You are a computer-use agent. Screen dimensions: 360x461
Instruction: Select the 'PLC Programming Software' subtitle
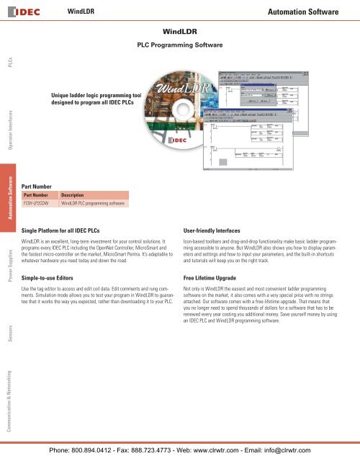[x=180, y=45]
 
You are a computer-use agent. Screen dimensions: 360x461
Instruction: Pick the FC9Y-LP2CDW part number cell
[x=39, y=204]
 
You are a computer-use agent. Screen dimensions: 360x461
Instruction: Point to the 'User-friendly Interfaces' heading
[x=217, y=228]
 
